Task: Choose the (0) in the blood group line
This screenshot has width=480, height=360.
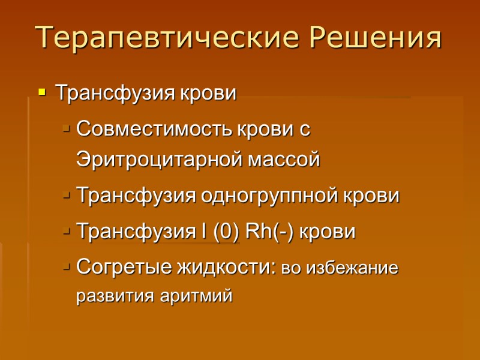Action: click(x=226, y=232)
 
